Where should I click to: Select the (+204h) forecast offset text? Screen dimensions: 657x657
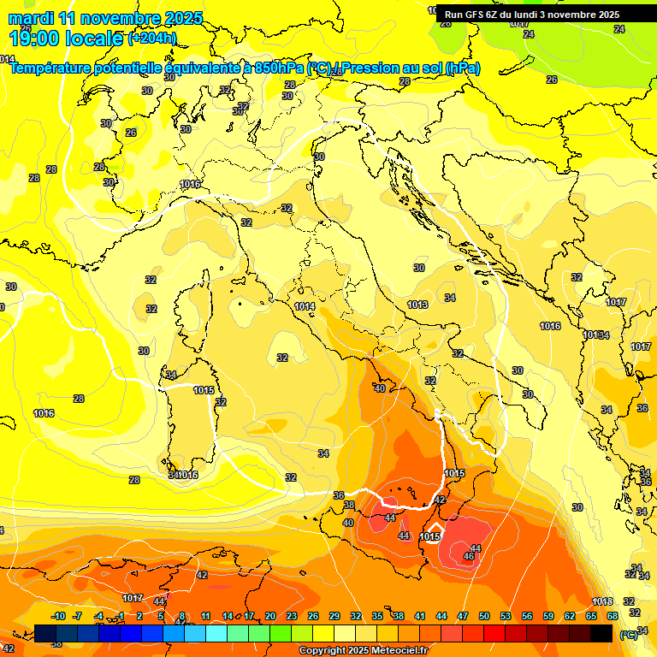[x=152, y=38]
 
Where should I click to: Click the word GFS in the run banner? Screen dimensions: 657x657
[x=477, y=15]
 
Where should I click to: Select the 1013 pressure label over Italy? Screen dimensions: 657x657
[x=417, y=305]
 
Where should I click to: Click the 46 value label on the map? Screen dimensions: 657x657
[x=469, y=557]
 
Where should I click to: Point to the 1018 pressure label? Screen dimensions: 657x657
[x=602, y=601]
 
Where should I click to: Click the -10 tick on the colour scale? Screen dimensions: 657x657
[x=58, y=616]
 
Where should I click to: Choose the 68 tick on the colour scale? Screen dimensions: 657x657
[x=613, y=616]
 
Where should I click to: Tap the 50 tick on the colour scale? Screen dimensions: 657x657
[x=484, y=616]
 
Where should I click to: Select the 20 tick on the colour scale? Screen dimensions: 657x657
[x=270, y=616]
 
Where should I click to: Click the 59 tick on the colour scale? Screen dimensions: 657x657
[x=548, y=616]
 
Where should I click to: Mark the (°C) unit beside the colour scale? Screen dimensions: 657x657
[x=629, y=635]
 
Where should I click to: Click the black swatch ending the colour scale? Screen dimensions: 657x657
[x=601, y=633]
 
